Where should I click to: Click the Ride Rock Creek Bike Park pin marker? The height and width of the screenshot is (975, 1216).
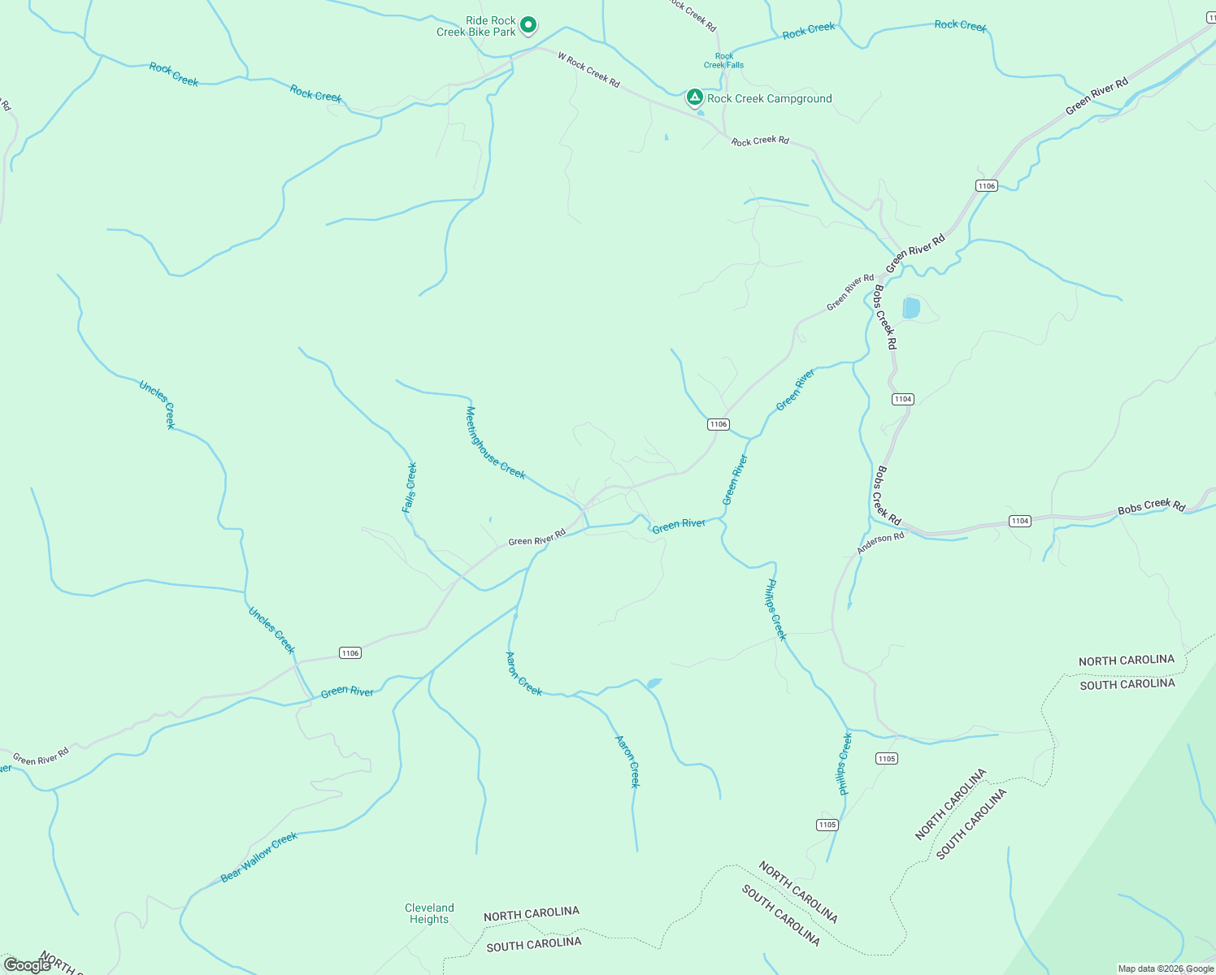click(x=528, y=25)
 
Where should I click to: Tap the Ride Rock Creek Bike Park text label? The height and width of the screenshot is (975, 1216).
click(x=477, y=27)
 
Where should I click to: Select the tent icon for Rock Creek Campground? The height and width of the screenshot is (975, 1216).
click(x=694, y=97)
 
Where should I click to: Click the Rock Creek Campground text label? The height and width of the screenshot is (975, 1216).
click(x=769, y=99)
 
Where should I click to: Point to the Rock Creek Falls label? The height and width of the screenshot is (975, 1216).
click(x=723, y=61)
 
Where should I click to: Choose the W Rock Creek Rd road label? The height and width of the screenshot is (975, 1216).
click(x=588, y=69)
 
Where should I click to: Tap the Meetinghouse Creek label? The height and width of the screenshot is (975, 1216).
click(x=495, y=443)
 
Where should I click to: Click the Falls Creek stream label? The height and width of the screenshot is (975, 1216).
click(x=410, y=487)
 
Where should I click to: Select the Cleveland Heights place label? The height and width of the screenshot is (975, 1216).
click(x=429, y=913)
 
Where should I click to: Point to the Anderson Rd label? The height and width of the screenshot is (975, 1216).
click(x=880, y=544)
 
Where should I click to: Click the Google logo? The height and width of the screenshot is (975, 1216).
click(x=27, y=965)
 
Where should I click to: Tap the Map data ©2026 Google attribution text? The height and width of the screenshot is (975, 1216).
click(x=1166, y=968)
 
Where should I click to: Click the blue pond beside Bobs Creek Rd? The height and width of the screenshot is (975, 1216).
click(x=910, y=308)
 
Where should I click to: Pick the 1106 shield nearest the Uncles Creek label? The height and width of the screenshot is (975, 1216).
click(x=350, y=653)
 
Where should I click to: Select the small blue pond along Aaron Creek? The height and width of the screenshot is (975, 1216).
click(x=654, y=683)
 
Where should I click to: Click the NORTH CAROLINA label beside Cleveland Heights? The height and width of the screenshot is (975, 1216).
click(x=531, y=914)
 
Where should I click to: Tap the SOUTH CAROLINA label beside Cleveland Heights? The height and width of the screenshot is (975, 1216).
click(x=533, y=944)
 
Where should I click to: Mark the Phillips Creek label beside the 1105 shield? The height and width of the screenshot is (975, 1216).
click(x=845, y=764)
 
